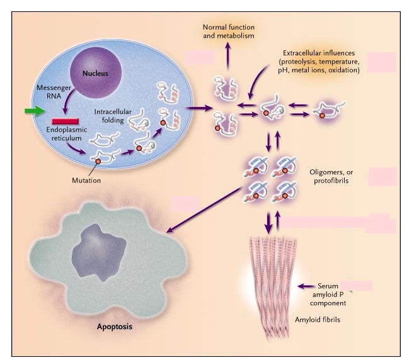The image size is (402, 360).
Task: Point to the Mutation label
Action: click(86, 180)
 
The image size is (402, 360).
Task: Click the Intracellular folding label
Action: click(113, 116)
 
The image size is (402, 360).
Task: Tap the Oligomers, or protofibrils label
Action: click(331, 177)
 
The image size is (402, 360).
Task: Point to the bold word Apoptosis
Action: click(116, 327)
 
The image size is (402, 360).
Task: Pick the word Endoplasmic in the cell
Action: click(66, 130)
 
